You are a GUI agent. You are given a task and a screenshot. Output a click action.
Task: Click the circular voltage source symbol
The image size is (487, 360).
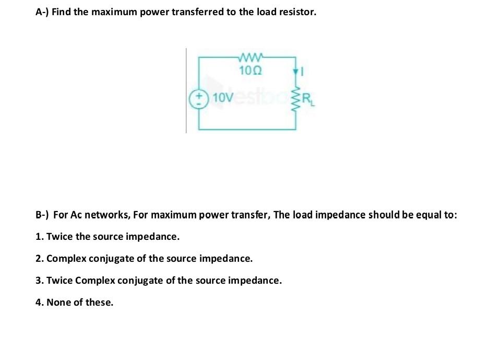pyautogui.click(x=198, y=98)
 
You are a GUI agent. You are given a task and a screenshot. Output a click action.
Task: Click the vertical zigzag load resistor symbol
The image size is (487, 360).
pyautogui.click(x=296, y=97)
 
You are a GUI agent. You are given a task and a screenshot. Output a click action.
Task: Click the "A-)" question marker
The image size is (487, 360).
pyautogui.click(x=42, y=12)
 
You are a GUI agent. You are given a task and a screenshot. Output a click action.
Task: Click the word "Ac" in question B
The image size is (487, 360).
pyautogui.click(x=76, y=215)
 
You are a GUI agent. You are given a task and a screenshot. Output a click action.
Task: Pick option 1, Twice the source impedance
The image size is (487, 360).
pyautogui.click(x=108, y=237)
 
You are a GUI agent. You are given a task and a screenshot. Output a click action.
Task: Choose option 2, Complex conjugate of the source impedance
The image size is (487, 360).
pyautogui.click(x=144, y=259)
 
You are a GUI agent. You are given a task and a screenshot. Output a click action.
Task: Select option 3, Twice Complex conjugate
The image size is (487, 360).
pyautogui.click(x=159, y=281)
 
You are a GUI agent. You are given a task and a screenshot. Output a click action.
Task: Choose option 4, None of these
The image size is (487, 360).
pyautogui.click(x=75, y=303)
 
